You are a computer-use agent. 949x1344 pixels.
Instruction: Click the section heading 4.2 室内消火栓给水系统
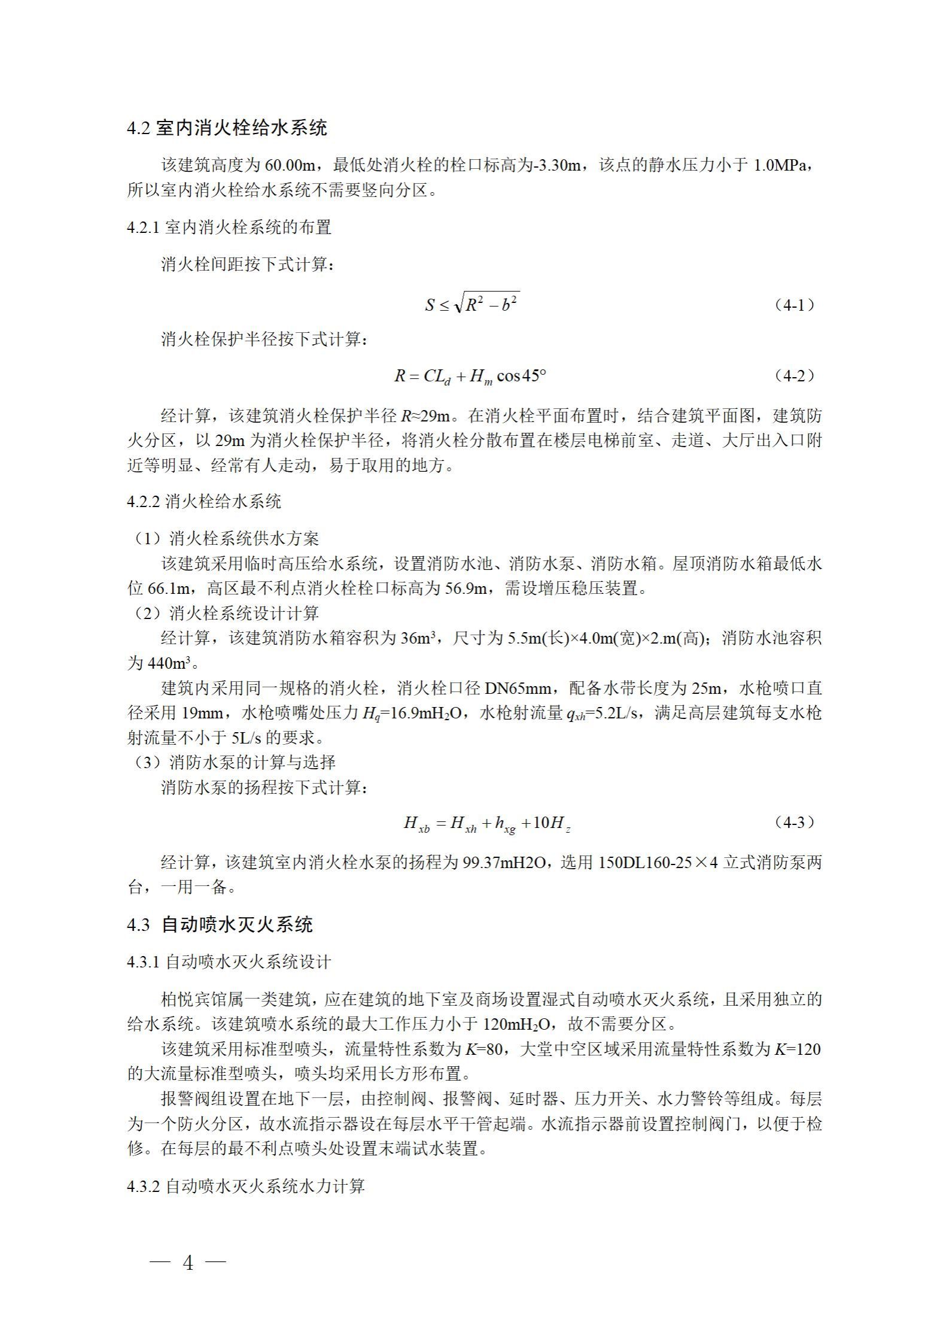coord(227,128)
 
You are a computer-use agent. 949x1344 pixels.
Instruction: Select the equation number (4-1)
coord(794,305)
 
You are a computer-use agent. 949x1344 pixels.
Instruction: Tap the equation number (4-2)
coord(794,375)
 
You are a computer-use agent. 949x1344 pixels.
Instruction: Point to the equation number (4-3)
coord(794,822)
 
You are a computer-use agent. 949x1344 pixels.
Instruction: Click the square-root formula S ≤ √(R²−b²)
coord(472,305)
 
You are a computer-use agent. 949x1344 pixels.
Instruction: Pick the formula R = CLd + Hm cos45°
coord(470,377)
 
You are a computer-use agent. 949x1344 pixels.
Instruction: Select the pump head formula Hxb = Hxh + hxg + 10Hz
coord(488,824)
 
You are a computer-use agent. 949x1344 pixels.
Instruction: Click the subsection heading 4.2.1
coord(229,227)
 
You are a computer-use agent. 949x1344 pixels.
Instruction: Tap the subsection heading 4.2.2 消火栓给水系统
coord(203,502)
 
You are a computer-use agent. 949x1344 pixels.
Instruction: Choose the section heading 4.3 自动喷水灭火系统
coord(220,925)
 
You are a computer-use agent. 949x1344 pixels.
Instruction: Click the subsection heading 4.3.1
coord(229,962)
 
